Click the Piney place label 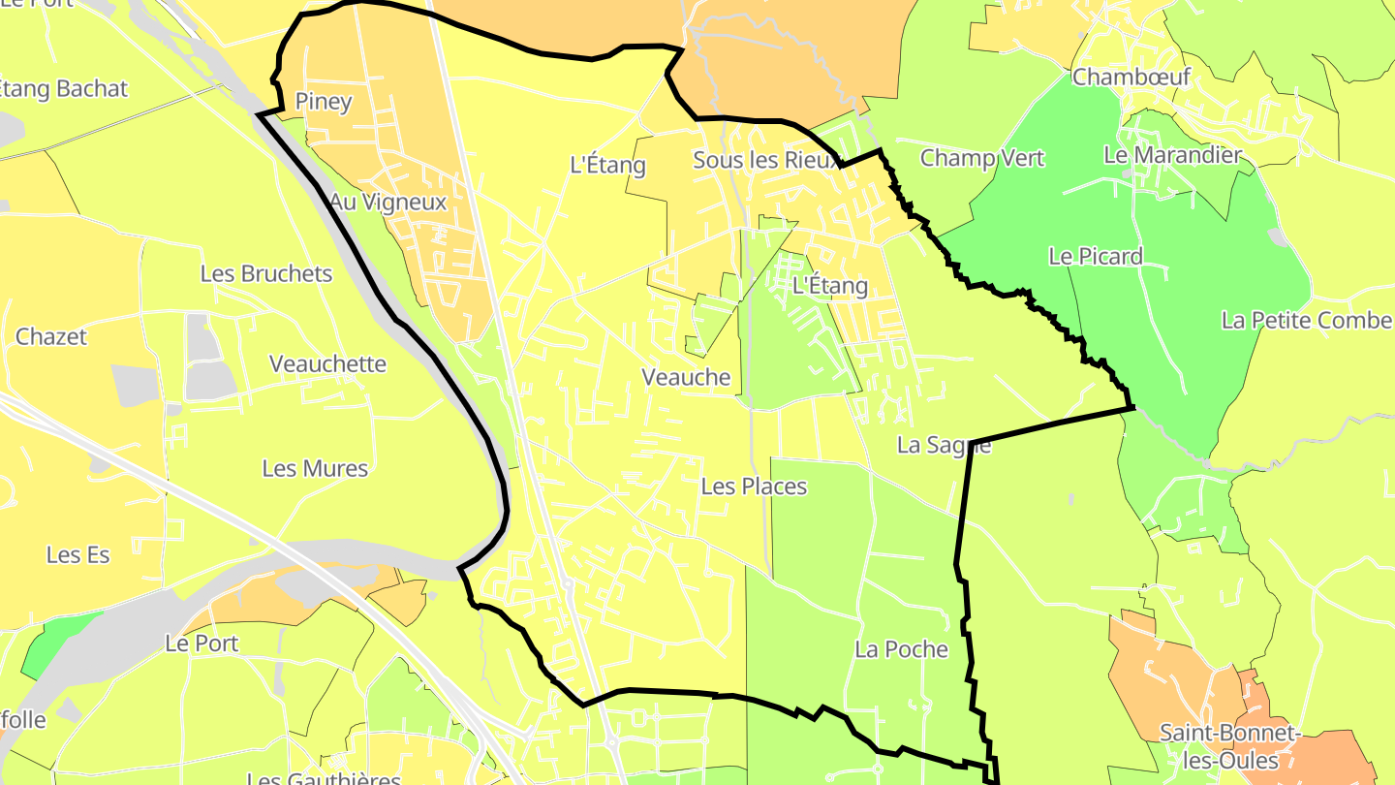pos(324,102)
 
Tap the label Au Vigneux pos(387,203)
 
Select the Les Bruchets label pos(266,273)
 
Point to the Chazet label pos(51,336)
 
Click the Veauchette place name pos(328,364)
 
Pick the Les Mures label pos(315,469)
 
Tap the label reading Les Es pos(78,555)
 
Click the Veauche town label pos(686,377)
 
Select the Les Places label pos(754,487)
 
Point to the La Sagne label pos(944,446)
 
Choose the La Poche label pos(901,649)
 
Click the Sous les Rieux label pos(765,161)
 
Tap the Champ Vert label pos(982,158)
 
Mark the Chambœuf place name pos(1131,77)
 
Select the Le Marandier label pos(1172,155)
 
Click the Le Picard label pos(1096,257)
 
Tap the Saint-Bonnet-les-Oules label pos(1229,746)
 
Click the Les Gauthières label pos(324,778)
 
